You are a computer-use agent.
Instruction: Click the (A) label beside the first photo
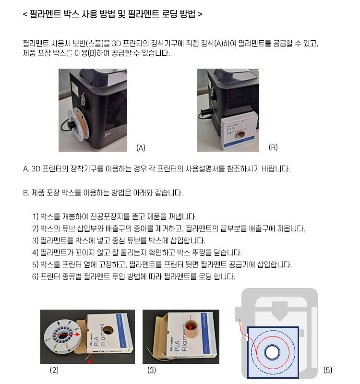(x=141, y=148)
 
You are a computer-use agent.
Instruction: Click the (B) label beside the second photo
(x=273, y=147)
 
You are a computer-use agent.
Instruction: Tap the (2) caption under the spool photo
(x=54, y=370)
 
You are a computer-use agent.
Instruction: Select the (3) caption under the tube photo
(x=152, y=370)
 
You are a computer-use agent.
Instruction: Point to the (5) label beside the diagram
(x=328, y=370)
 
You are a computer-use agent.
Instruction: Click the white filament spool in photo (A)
(x=78, y=124)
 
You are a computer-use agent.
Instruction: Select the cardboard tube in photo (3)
(x=191, y=327)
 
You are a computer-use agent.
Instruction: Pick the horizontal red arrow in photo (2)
(x=67, y=334)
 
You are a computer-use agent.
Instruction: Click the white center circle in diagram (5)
(x=272, y=353)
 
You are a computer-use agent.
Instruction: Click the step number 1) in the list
(x=35, y=216)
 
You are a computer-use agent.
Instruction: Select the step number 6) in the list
(x=35, y=276)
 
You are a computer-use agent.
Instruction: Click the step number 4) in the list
(x=35, y=252)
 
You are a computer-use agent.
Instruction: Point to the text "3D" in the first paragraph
(x=116, y=43)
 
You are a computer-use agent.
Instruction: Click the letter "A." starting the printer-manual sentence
(x=26, y=169)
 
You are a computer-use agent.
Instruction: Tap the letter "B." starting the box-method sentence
(x=26, y=193)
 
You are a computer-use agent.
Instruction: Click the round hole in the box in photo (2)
(x=107, y=329)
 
